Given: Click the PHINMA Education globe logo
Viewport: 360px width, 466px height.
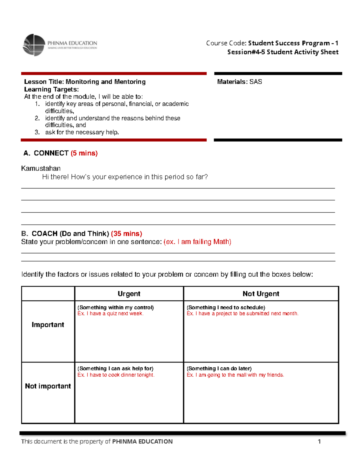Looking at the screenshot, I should point(34,45).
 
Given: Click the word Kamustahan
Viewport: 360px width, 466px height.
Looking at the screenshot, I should point(41,168).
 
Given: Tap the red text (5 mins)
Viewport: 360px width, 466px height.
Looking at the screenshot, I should point(84,153).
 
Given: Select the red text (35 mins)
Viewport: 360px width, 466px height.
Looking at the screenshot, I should point(126,233).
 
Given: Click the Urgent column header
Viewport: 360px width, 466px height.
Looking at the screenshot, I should point(129,294).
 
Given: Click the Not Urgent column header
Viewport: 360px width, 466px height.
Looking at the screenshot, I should point(261,294).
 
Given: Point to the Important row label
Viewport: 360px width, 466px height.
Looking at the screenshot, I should point(48,325).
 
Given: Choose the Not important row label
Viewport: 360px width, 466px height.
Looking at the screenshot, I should point(48,386).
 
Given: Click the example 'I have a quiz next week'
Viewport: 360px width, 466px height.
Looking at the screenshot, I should point(110,314).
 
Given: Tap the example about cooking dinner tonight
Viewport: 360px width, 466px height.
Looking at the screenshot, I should point(116,375).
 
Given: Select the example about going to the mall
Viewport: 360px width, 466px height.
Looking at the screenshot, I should point(235,375).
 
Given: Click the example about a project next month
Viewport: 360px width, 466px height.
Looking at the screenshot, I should point(242,314).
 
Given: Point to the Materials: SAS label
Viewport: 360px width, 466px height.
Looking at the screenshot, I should point(239,82).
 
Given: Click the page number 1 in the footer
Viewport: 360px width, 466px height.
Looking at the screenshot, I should point(319,441).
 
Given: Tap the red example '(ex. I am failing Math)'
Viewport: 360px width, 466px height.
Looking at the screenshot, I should point(197,242).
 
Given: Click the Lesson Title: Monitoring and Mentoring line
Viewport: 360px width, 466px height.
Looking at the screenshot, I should point(85,82).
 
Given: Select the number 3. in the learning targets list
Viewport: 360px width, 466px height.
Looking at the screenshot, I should point(37,132).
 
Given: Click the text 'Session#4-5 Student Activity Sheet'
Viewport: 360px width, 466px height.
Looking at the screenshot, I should point(283,52).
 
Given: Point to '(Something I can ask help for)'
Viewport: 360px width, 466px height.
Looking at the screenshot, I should point(115,368).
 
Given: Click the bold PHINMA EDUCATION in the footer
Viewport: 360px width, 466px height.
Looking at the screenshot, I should point(142,441).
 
